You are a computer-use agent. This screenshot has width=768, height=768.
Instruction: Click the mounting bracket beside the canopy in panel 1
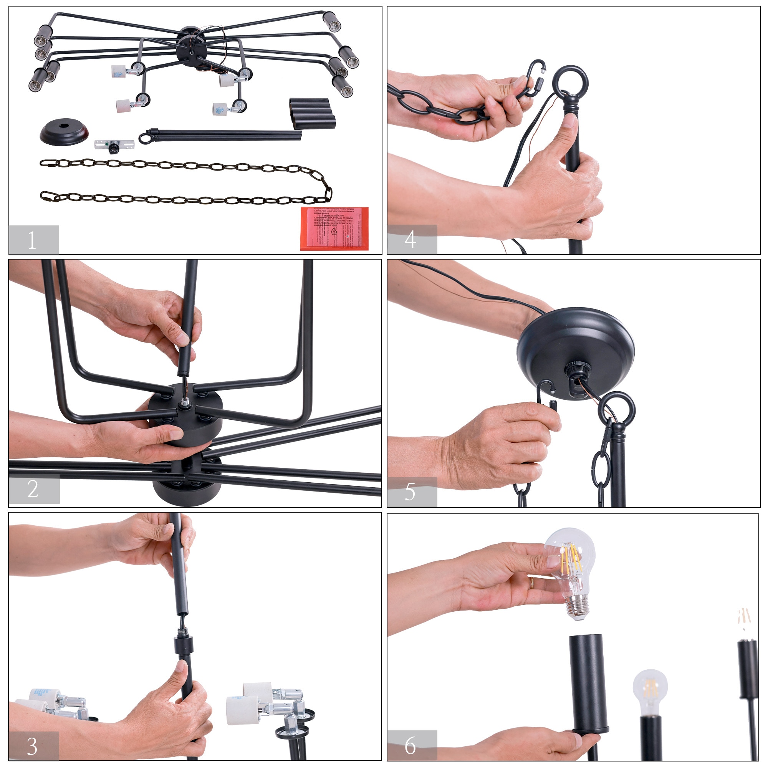114,146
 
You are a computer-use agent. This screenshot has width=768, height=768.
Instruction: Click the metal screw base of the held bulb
577,606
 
